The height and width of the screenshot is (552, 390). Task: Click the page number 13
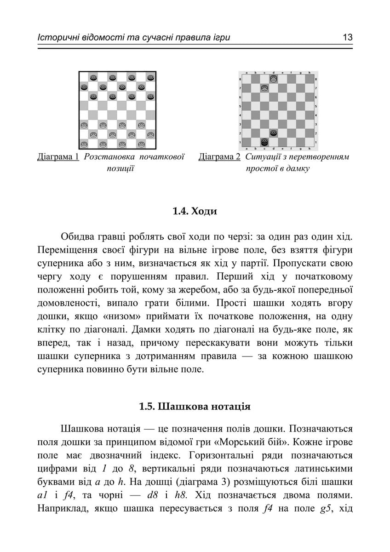[347, 37]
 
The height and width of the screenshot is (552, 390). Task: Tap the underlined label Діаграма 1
[58, 157]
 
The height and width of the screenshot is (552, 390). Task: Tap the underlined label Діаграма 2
[219, 157]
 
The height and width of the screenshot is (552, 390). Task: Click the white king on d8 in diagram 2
[273, 79]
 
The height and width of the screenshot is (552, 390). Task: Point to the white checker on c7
[264, 88]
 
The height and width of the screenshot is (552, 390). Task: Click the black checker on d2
[273, 132]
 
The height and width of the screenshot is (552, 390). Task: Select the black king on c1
[264, 142]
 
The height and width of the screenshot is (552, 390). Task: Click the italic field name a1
[42, 495]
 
